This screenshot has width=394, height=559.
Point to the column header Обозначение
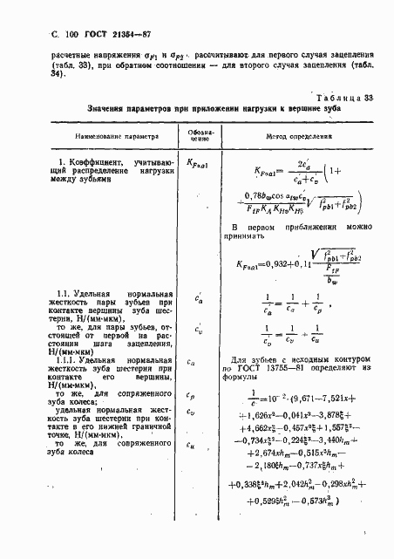coord(199,137)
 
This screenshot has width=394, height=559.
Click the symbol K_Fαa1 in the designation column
coord(200,163)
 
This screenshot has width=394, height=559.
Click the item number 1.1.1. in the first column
coord(86,359)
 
